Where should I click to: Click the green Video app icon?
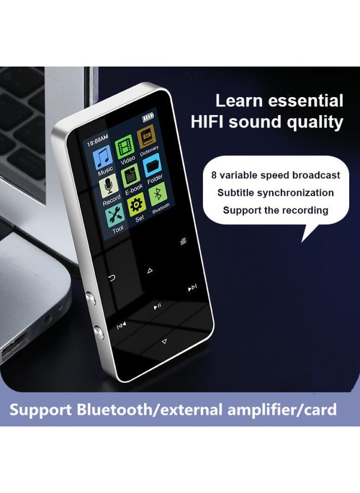point(125,146)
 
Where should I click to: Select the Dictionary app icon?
point(146,136)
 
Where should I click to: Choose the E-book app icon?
point(131,176)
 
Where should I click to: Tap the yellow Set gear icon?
point(136,205)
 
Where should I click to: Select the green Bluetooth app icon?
point(158,193)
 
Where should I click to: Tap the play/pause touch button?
point(157,306)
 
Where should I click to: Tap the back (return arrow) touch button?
point(112,278)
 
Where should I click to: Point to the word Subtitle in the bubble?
point(236,193)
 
